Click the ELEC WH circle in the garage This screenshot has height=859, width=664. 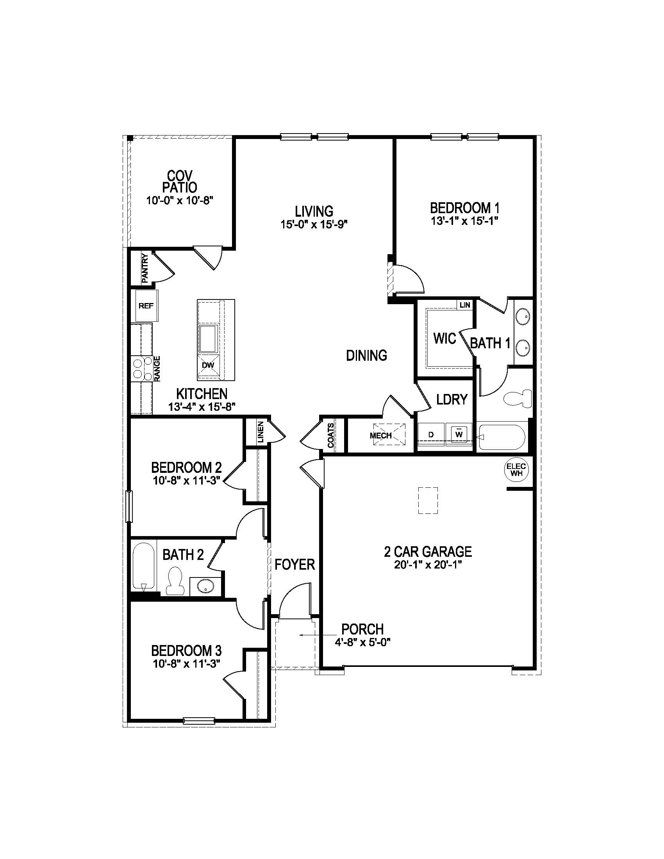(516, 470)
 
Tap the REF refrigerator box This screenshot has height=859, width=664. (146, 306)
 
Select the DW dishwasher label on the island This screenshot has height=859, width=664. (208, 365)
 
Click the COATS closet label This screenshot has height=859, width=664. (331, 435)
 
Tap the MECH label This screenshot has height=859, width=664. (381, 435)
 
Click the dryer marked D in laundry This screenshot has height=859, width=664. (431, 435)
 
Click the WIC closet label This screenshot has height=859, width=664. (444, 338)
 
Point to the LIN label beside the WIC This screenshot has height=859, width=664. (465, 305)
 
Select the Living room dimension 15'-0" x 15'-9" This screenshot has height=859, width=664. (314, 224)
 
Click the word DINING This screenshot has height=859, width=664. (366, 356)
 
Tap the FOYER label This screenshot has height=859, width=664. (295, 565)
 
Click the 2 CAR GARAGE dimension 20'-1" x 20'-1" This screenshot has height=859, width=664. (428, 565)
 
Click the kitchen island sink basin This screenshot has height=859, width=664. (209, 339)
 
